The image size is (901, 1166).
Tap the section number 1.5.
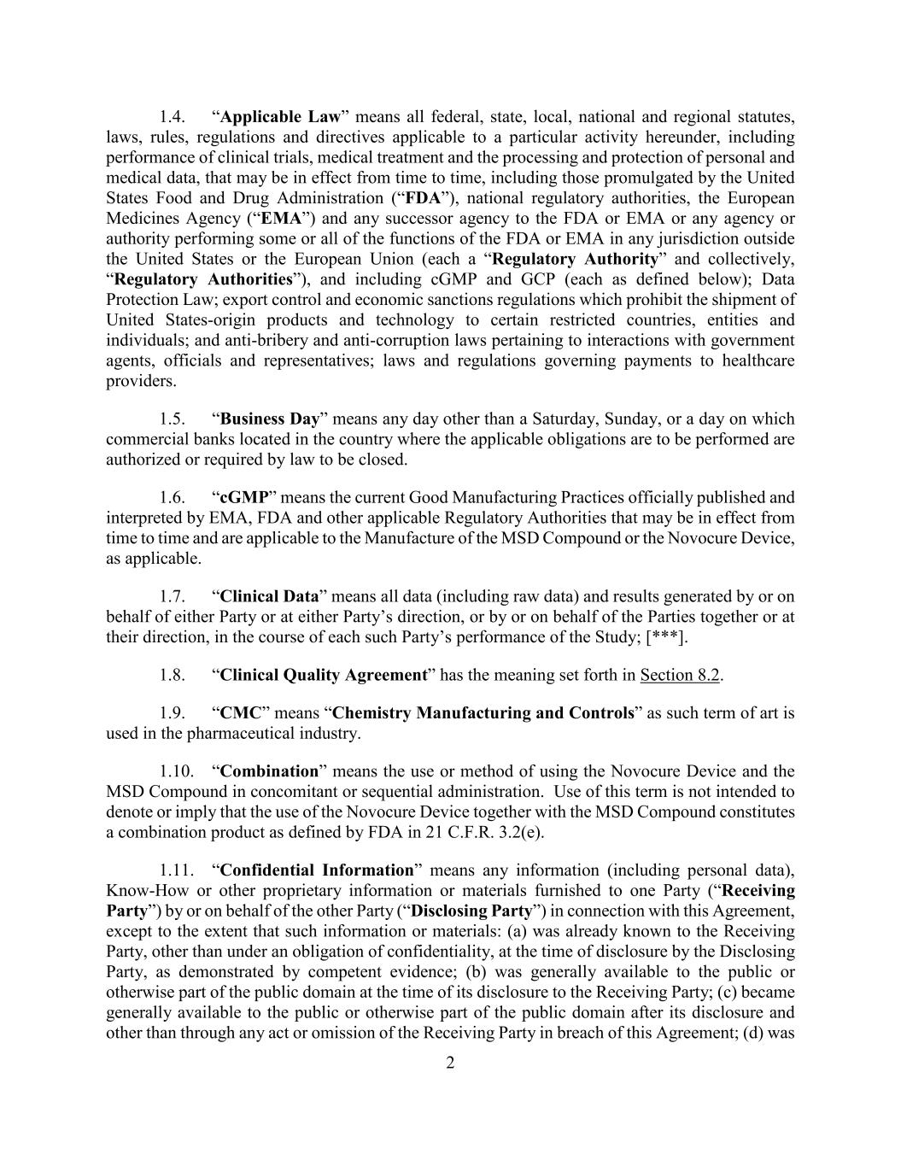tap(173, 419)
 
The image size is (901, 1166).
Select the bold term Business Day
tap(270, 419)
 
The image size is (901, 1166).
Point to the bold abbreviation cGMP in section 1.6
tap(244, 498)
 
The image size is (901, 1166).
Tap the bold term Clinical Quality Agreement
tap(324, 676)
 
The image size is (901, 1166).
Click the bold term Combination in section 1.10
tap(269, 771)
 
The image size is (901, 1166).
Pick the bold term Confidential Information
tap(317, 870)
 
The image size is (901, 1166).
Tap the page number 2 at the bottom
tap(450, 1063)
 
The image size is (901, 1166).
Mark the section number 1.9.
tap(173, 713)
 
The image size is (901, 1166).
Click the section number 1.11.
tap(176, 870)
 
